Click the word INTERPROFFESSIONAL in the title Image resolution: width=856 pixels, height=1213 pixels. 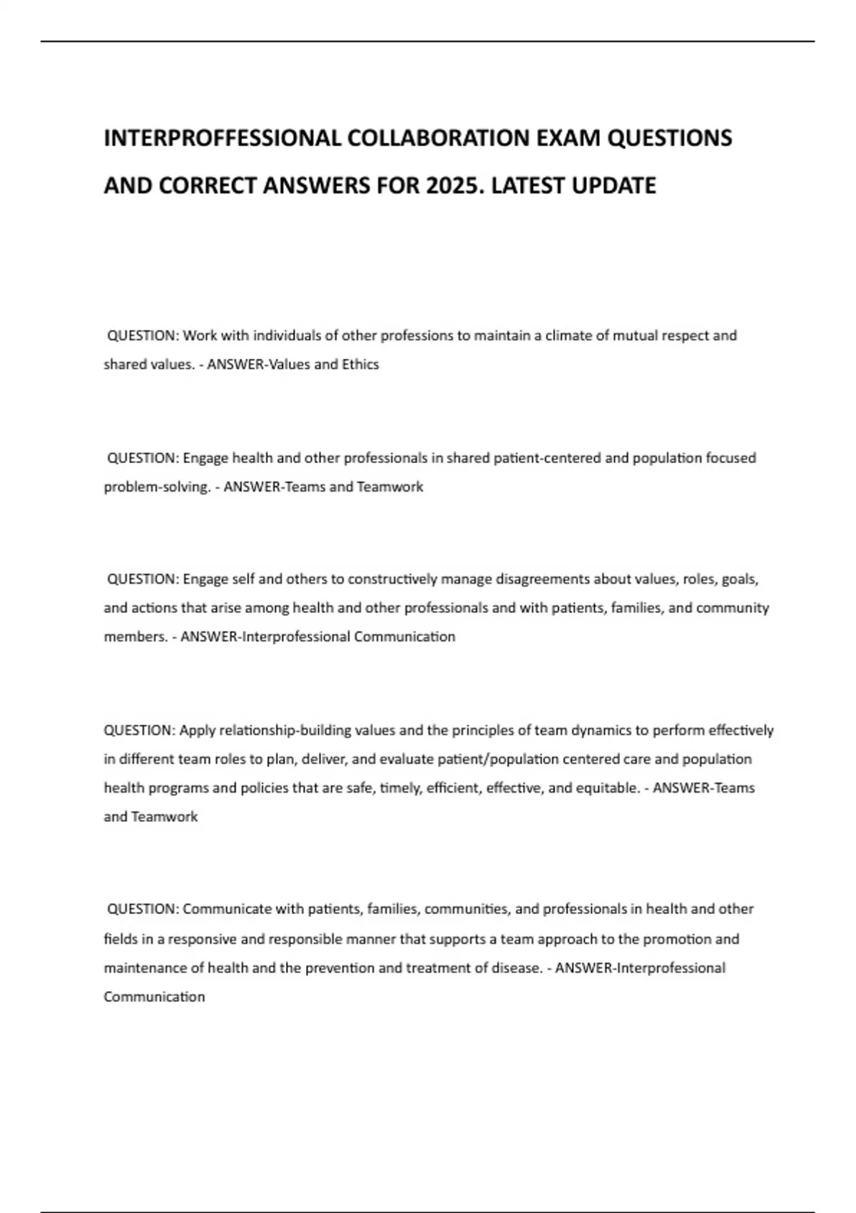tap(222, 138)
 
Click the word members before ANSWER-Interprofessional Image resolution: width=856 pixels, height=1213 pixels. tap(136, 636)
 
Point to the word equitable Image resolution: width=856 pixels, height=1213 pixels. tap(608, 788)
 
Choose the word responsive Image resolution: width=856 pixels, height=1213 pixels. tap(203, 939)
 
